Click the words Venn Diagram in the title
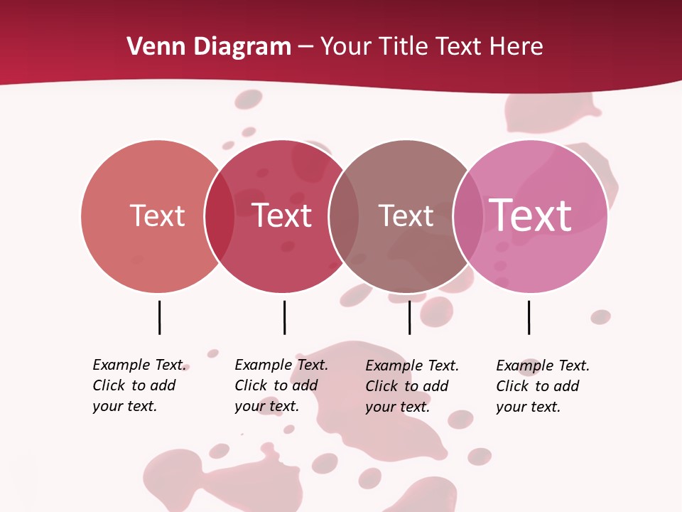click(209, 47)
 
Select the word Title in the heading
click(402, 47)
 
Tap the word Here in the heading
click(516, 47)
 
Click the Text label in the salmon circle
click(157, 215)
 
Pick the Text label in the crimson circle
click(282, 215)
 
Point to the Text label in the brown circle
click(406, 215)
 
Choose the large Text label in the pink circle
click(530, 215)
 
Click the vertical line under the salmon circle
click(159, 317)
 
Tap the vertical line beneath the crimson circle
click(284, 317)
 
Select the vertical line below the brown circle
click(409, 317)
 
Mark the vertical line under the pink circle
click(529, 317)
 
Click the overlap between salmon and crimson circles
click(220, 215)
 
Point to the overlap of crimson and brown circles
click(344, 215)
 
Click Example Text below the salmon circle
click(139, 365)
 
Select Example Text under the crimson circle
click(281, 365)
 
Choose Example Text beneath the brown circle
click(412, 366)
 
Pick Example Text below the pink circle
click(543, 366)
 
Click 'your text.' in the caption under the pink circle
click(528, 407)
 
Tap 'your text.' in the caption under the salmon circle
click(124, 406)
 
